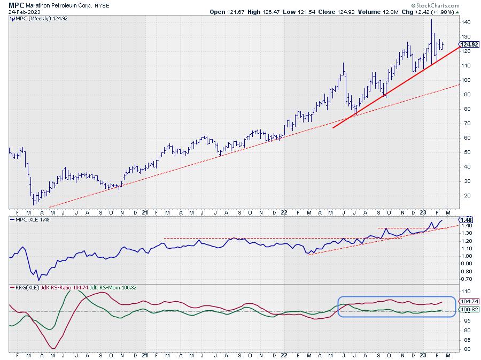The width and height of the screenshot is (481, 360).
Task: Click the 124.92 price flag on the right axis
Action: pos(468,44)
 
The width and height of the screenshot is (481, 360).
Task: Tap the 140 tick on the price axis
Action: pos(467,22)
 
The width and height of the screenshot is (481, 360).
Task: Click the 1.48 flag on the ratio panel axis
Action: pos(466,220)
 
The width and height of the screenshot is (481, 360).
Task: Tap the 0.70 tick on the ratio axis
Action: pos(467,279)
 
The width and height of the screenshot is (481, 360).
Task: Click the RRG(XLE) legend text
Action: pos(22,287)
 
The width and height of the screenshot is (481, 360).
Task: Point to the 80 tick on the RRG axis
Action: pos(466,349)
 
